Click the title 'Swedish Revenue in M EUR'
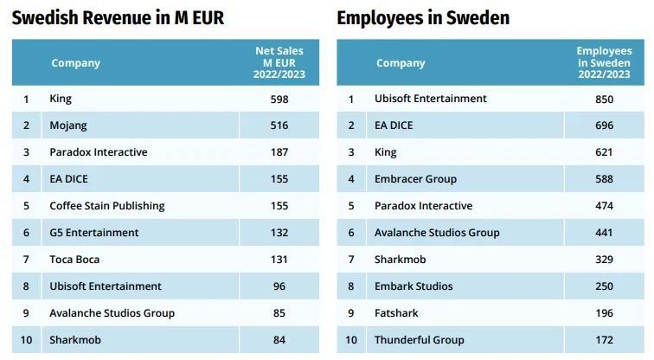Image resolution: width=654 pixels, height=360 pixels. click(118, 17)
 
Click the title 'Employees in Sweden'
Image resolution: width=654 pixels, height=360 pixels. click(423, 17)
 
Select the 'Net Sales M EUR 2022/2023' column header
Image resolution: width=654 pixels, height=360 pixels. click(279, 62)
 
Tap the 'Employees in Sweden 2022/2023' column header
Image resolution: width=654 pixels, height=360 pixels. click(604, 62)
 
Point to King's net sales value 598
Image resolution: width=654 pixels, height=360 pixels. click(279, 99)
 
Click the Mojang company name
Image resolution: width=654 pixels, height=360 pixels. click(68, 125)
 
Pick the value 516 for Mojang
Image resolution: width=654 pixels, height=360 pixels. click(279, 125)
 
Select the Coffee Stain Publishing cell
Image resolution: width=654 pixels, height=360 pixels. click(106, 206)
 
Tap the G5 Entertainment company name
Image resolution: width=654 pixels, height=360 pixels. click(94, 233)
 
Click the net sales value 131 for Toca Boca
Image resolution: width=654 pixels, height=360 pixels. click(279, 260)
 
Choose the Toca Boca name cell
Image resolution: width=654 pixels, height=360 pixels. click(75, 260)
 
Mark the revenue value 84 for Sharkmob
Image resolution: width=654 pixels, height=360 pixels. click(279, 340)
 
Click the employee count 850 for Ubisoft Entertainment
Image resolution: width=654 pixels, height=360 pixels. click(604, 99)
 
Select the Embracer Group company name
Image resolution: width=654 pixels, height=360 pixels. click(415, 179)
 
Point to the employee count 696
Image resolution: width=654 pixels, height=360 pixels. click(604, 125)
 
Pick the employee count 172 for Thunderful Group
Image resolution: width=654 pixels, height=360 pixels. click(604, 340)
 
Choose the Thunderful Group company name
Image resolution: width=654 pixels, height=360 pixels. click(420, 340)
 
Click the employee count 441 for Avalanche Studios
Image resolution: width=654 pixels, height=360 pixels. click(604, 233)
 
